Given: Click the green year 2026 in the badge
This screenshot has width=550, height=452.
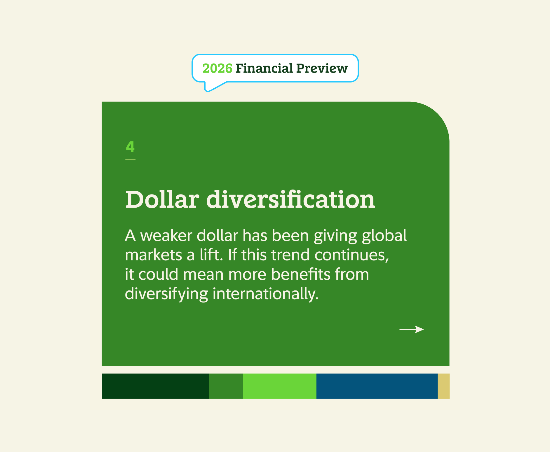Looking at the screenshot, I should pos(217,69).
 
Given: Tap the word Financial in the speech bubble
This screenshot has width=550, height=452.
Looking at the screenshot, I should pos(264,69).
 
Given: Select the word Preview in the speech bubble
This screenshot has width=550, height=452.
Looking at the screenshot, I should pos(322,69).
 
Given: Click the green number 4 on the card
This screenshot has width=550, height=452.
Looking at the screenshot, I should pos(130,146).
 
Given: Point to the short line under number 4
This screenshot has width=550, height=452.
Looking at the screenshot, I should pos(130,160).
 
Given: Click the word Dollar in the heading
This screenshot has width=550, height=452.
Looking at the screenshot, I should pos(162,200).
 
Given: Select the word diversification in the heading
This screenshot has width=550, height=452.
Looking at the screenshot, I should pos(290,200).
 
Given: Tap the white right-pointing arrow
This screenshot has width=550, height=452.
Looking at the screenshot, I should pos(411,330).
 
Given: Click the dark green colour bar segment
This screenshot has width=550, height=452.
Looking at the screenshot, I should pos(155,386).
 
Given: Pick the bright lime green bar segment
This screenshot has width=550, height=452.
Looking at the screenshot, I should pos(279,386).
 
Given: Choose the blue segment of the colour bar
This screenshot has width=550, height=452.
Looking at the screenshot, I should pos(377,386).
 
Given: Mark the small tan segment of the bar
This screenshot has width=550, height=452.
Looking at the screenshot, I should pos(443,386).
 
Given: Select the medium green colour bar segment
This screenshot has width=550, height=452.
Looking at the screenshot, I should pos(226,386).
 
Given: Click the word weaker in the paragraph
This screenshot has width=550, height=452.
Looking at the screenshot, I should pos(166,236).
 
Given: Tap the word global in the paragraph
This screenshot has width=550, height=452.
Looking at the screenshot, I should pos(384,236).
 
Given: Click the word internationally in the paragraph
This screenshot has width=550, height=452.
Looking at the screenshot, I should pos(265,294).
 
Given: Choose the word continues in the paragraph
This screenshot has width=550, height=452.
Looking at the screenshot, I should pos(351,255).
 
